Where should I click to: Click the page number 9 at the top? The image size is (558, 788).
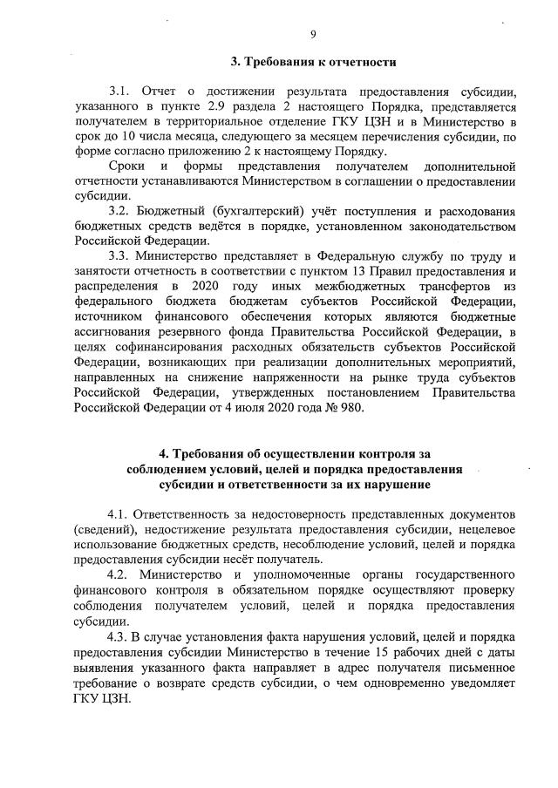click(311, 34)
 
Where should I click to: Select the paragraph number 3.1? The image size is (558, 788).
click(119, 92)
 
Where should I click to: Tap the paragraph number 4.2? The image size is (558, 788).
click(119, 574)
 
